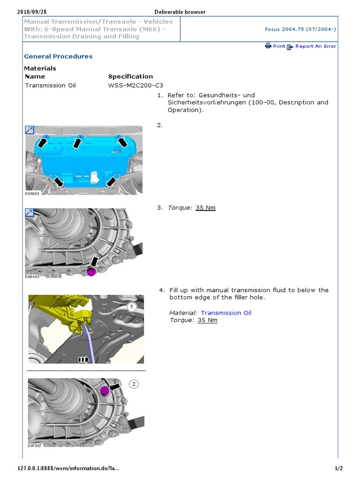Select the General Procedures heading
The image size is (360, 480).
pos(58,56)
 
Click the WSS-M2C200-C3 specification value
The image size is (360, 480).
pos(136,85)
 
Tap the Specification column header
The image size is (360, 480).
pos(130,76)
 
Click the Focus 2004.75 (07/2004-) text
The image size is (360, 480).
pos(300,29)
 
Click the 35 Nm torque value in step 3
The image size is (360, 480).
pos(205,208)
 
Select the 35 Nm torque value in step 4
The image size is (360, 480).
pos(207,320)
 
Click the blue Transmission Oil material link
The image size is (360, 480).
pos(226,313)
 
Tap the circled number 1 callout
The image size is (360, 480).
pos(132,307)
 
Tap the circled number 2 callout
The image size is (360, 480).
pos(134,384)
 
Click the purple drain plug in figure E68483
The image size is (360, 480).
pos(91,271)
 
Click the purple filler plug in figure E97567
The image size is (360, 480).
pos(105,390)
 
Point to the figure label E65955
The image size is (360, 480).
pos(33,193)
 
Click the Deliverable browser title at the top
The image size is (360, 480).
pos(180,12)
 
